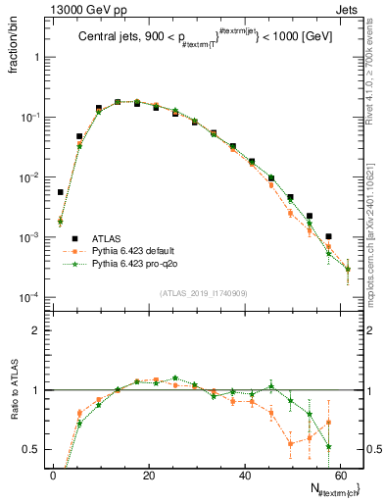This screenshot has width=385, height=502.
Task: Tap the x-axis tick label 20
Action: [x=148, y=476]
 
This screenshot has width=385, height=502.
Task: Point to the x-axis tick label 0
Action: [x=53, y=476]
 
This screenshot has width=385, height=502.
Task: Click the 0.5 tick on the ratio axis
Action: [x=34, y=449]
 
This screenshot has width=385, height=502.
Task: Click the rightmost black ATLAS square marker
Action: [x=328, y=236]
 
